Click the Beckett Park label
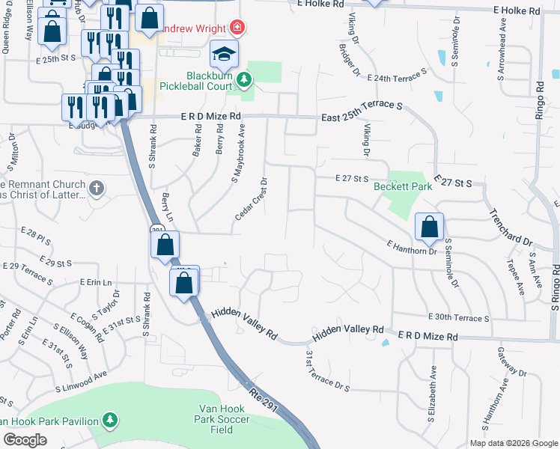coord(403,186)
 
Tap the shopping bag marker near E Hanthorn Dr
coord(430,229)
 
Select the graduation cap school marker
coord(224,55)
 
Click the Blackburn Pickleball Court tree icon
coord(243,79)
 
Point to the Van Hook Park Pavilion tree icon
coord(110,421)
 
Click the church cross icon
coord(96,188)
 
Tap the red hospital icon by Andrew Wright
coord(237,28)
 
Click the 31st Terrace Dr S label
coord(329,372)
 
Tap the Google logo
coord(25,439)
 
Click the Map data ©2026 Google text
coord(514,443)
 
